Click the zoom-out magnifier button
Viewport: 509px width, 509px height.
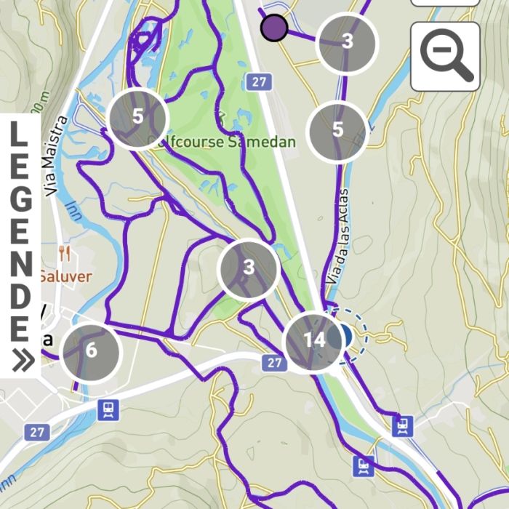445,56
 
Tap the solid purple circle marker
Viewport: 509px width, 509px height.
274,28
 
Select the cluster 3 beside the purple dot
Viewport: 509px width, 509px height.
347,41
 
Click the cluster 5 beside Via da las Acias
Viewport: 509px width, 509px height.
337,130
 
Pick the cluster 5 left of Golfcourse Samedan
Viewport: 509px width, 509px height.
137,117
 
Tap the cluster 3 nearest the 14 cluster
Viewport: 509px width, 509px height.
249,268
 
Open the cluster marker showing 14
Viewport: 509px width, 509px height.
314,340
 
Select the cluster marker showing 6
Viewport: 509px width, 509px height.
91,350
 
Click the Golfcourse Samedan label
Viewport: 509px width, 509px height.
223,141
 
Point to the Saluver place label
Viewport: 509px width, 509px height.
65,276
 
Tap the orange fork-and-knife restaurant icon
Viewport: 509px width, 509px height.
65,254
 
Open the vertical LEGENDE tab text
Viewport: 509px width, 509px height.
20,233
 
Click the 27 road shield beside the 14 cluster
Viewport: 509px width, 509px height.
273,362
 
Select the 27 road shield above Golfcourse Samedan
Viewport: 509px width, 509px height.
258,81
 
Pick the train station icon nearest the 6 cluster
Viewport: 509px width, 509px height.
108,410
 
